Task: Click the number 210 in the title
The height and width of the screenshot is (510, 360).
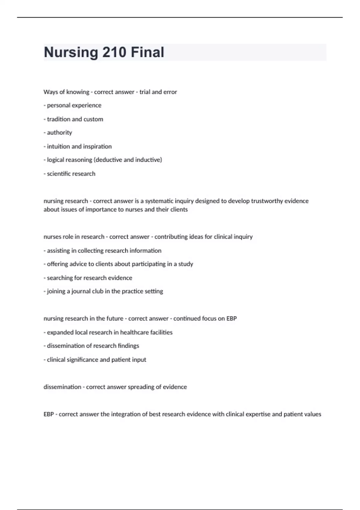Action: click(x=114, y=52)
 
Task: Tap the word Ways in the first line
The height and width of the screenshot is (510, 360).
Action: click(x=50, y=92)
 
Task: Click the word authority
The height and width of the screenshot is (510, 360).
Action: click(x=59, y=133)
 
